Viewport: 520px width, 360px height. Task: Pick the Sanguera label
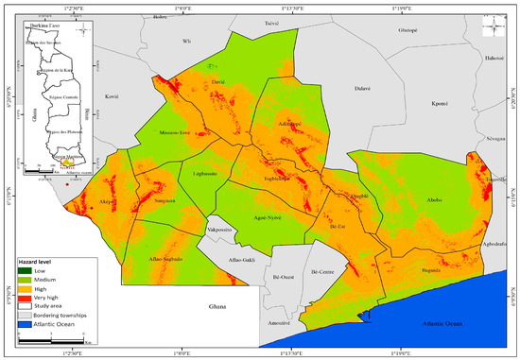click(x=151, y=201)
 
